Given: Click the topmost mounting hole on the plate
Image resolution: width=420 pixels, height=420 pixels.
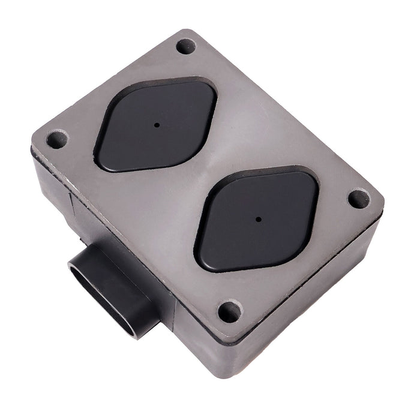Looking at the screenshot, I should [x=185, y=46].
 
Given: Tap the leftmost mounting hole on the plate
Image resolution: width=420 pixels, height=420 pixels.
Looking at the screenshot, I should [x=55, y=140].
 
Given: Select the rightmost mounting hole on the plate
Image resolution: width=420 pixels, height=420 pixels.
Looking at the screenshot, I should [x=358, y=199].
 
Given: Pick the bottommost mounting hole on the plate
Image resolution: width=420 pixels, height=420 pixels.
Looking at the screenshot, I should [x=229, y=311].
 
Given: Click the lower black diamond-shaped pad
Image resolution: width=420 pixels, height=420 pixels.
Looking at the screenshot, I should [x=257, y=218].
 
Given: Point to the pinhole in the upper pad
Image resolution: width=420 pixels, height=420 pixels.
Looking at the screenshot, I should [x=157, y=125].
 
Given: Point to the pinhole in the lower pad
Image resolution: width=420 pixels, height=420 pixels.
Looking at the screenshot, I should [x=257, y=219].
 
